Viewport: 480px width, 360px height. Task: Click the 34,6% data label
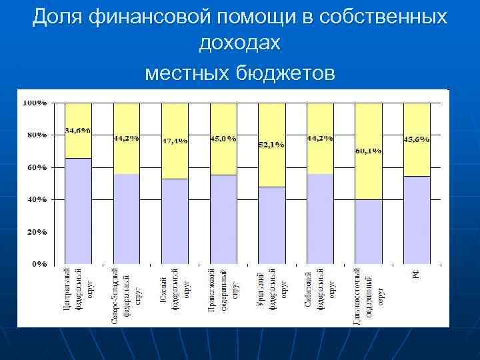pyautogui.click(x=78, y=130)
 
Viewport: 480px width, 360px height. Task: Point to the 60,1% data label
pyautogui.click(x=369, y=151)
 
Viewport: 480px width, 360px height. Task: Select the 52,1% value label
pyautogui.click(x=271, y=144)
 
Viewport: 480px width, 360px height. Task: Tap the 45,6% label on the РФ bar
pyautogui.click(x=417, y=139)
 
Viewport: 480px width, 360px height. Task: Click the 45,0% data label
pyautogui.click(x=223, y=139)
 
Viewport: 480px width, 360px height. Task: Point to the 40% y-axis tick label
pyautogui.click(x=36, y=199)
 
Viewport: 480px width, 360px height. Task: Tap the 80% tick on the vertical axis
pyautogui.click(x=36, y=135)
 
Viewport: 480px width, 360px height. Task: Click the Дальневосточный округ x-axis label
pyautogui.click(x=369, y=297)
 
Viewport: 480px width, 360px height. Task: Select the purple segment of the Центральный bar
pyautogui.click(x=78, y=210)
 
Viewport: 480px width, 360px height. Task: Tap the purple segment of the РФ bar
pyautogui.click(x=417, y=220)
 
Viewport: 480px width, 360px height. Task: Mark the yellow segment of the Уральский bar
pyautogui.click(x=271, y=167)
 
